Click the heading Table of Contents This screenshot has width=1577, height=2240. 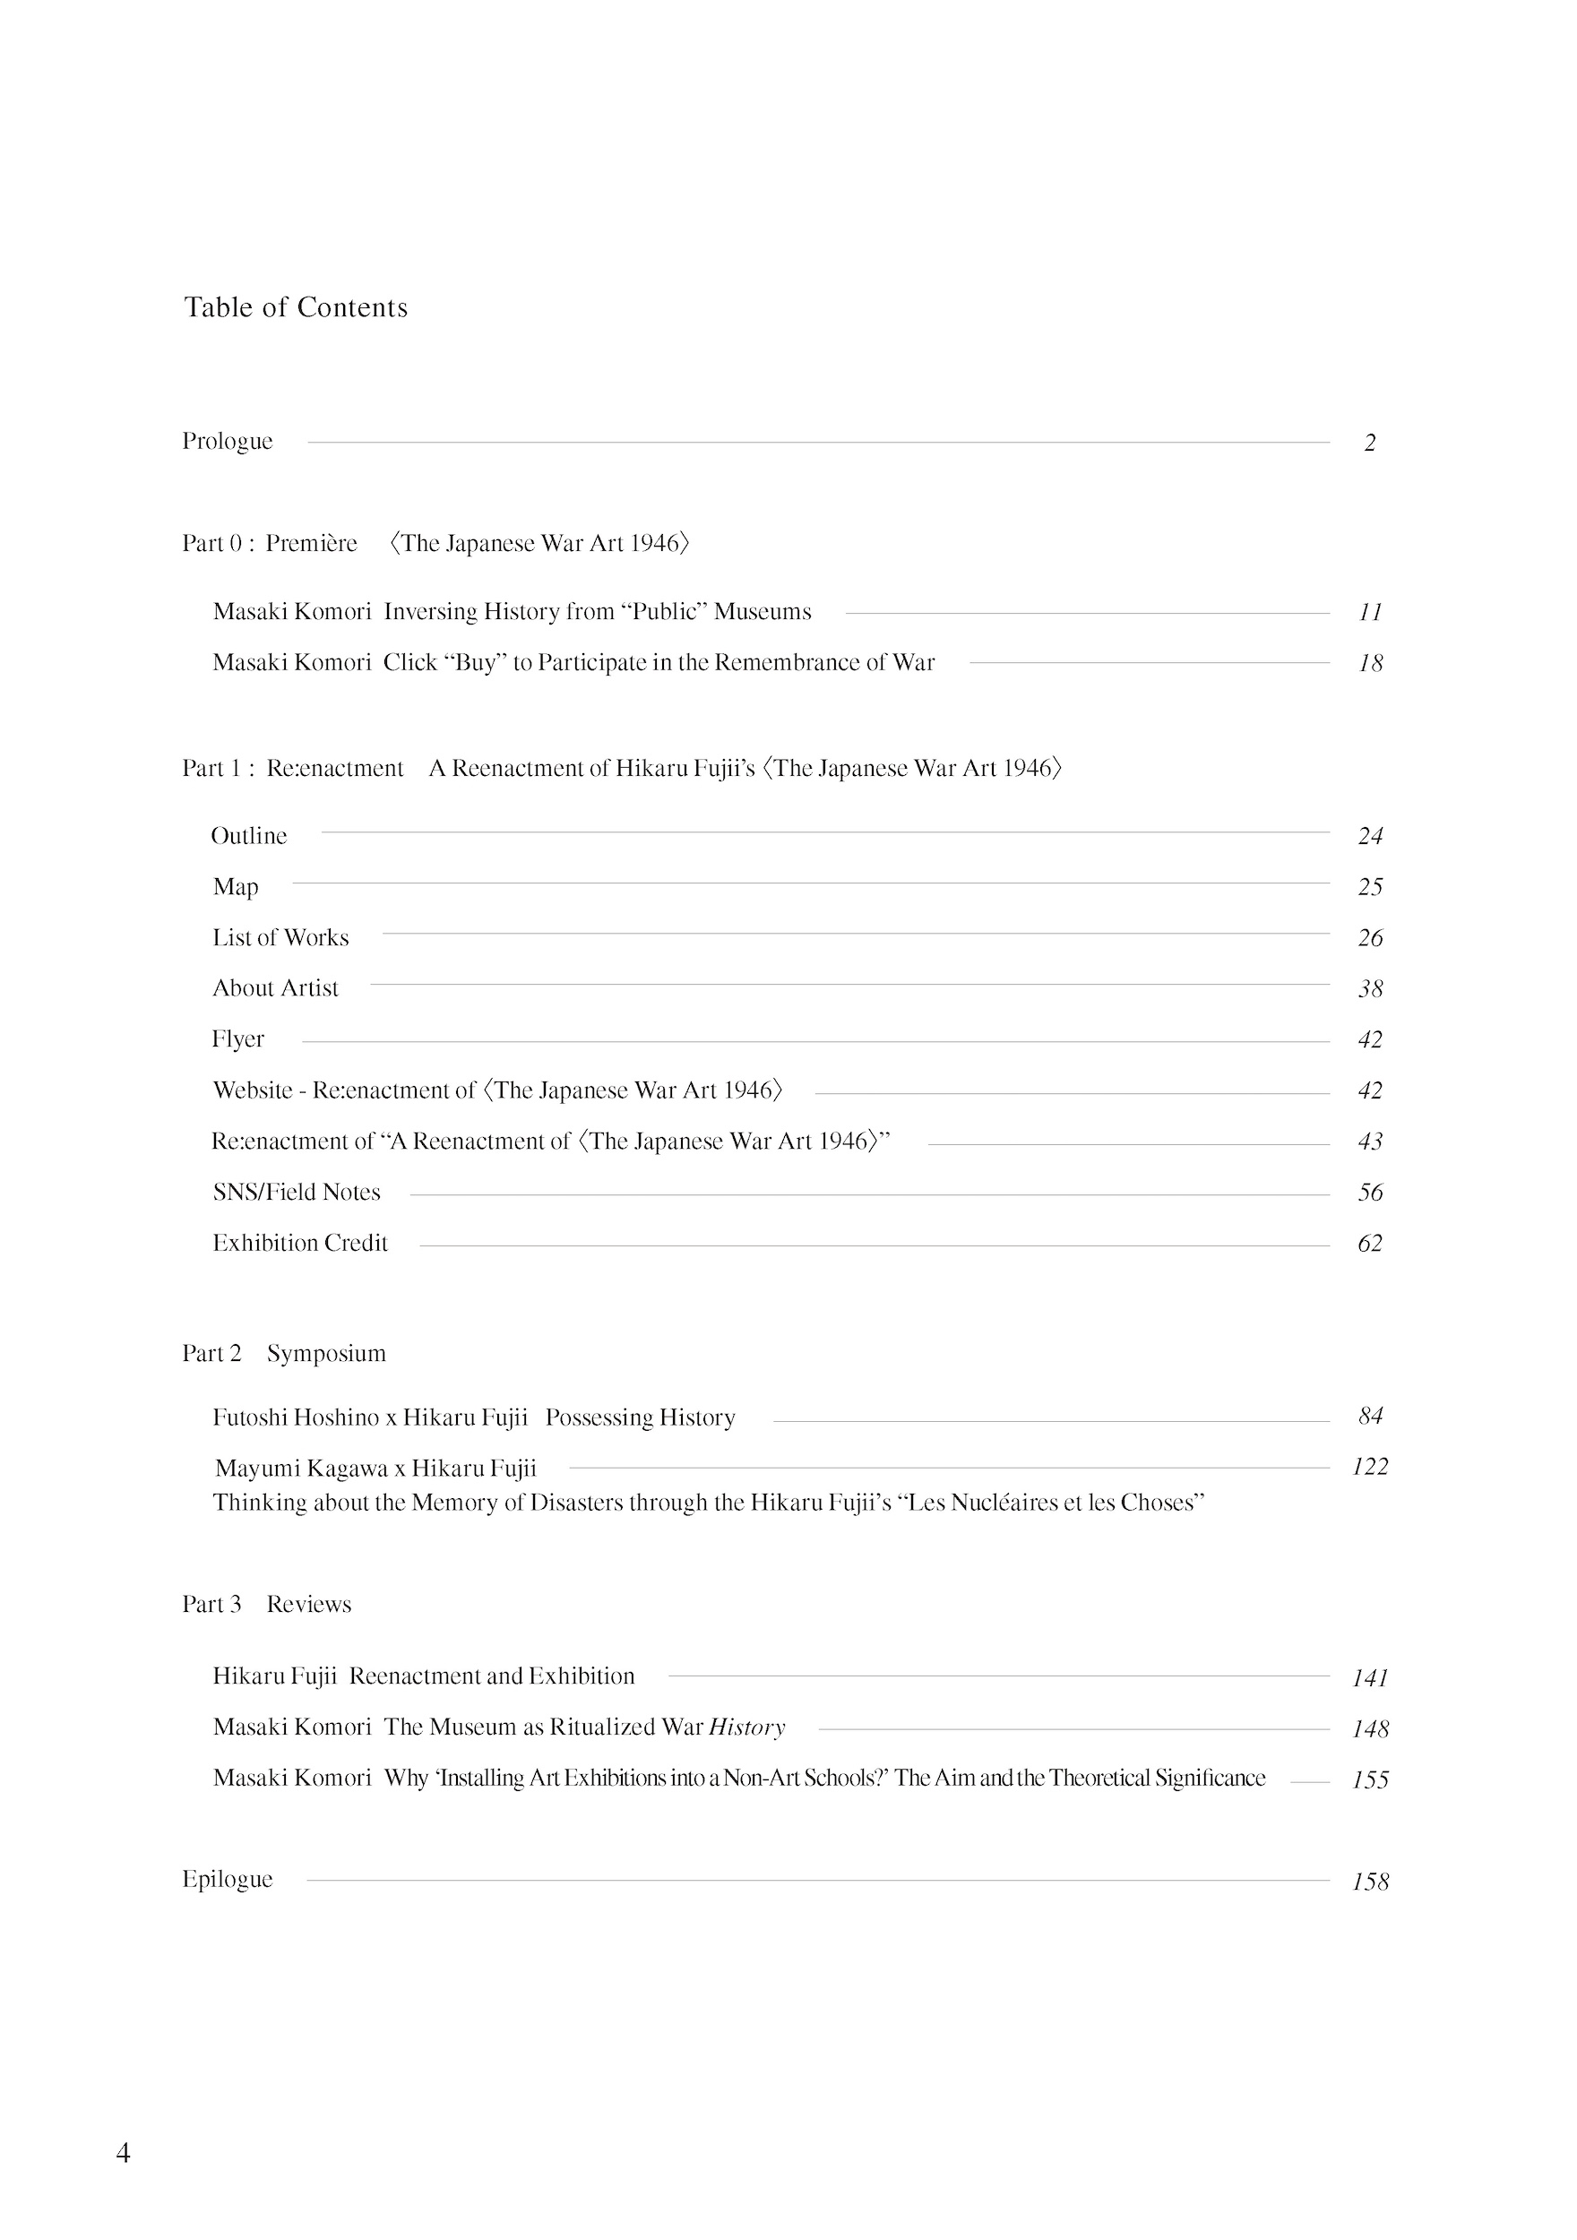(296, 307)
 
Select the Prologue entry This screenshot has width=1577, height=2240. (228, 441)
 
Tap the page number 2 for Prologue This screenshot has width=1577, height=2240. (1369, 443)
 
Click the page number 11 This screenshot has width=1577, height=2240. (1370, 612)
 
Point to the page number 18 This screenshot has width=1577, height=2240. (1370, 663)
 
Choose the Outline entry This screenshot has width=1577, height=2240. (249, 836)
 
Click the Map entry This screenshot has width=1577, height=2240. (235, 887)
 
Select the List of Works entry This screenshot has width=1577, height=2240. (280, 937)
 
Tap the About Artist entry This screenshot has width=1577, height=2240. (275, 988)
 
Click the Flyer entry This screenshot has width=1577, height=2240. (238, 1039)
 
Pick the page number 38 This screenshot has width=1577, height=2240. (1370, 989)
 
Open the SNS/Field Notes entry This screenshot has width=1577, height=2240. (297, 1193)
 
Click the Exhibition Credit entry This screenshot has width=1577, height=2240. (299, 1243)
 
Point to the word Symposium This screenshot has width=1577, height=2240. (326, 1354)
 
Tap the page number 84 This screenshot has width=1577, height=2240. (1370, 1416)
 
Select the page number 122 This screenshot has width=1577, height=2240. (1369, 1467)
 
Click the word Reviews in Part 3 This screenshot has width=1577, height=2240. (308, 1605)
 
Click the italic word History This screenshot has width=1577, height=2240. (746, 1727)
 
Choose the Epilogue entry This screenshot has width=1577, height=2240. (228, 1879)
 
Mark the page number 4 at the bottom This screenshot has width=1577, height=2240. (123, 2153)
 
